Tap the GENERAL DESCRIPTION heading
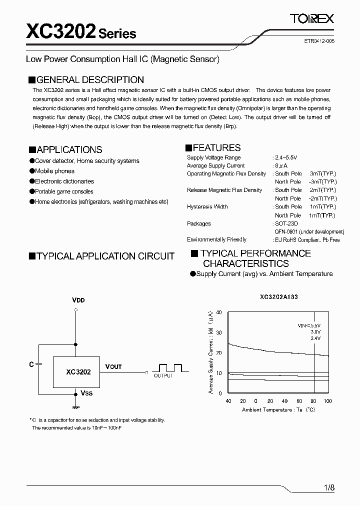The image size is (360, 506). pyautogui.click(x=86, y=79)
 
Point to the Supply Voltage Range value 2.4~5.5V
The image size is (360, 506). pyautogui.click(x=285, y=157)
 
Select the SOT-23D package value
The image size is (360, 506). pyautogui.click(x=286, y=223)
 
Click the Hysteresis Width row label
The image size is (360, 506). pyautogui.click(x=207, y=206)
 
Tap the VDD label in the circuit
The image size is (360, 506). pyautogui.click(x=78, y=300)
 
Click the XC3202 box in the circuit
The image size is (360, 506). pyautogui.click(x=78, y=372)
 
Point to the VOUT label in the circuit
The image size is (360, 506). pyautogui.click(x=113, y=366)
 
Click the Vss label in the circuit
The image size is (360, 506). pyautogui.click(x=86, y=393)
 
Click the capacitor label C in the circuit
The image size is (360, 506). pyautogui.click(x=31, y=364)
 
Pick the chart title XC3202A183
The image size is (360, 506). pyautogui.click(x=278, y=296)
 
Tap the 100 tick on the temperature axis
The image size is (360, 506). pyautogui.click(x=328, y=401)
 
